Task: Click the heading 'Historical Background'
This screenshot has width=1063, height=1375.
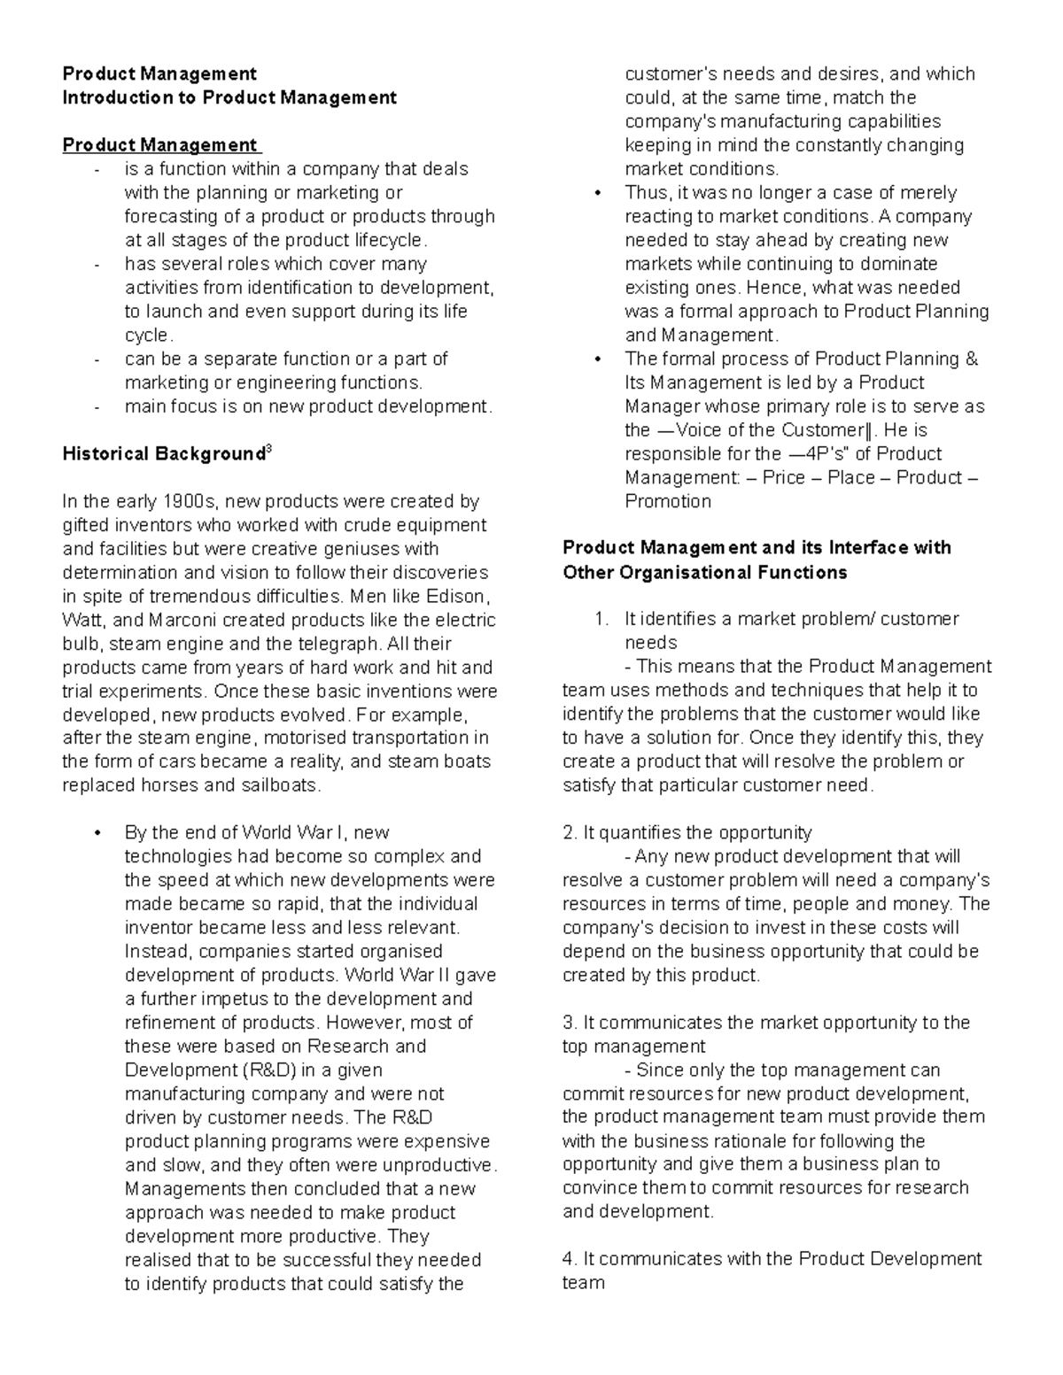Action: (x=163, y=455)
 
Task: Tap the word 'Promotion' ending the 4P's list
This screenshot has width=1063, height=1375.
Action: (x=668, y=502)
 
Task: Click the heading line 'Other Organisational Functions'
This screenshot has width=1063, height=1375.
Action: (x=705, y=573)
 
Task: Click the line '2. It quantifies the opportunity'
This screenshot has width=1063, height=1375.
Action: (x=687, y=833)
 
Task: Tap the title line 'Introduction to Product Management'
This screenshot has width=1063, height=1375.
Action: (x=229, y=97)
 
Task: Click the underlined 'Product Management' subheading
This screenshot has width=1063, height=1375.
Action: (x=159, y=145)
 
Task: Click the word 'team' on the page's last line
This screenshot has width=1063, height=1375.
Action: (x=583, y=1283)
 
